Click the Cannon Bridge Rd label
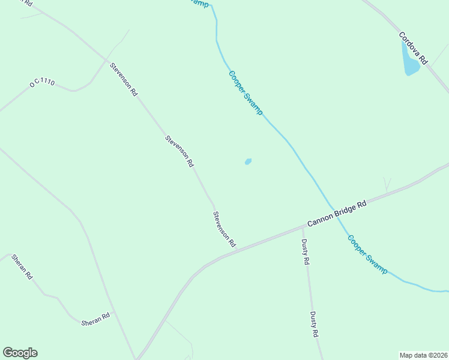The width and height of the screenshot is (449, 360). point(337,214)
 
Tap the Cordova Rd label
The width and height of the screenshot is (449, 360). point(414,48)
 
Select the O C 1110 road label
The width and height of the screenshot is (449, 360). point(41,82)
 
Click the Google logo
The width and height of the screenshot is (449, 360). point(20,353)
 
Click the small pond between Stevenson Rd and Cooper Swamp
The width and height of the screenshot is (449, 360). point(248,161)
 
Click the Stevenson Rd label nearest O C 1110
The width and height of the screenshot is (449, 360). point(124,79)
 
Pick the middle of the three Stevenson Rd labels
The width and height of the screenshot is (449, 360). point(179,151)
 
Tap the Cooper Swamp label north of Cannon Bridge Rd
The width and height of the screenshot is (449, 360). point(246,93)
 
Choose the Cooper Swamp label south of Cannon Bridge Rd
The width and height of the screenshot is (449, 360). point(367,254)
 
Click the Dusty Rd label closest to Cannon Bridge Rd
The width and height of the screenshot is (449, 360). point(305,252)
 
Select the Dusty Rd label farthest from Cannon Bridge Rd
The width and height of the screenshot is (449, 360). point(313,324)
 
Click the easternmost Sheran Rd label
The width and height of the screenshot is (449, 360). point(95,319)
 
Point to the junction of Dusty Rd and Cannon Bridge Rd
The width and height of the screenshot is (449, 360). point(302,227)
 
